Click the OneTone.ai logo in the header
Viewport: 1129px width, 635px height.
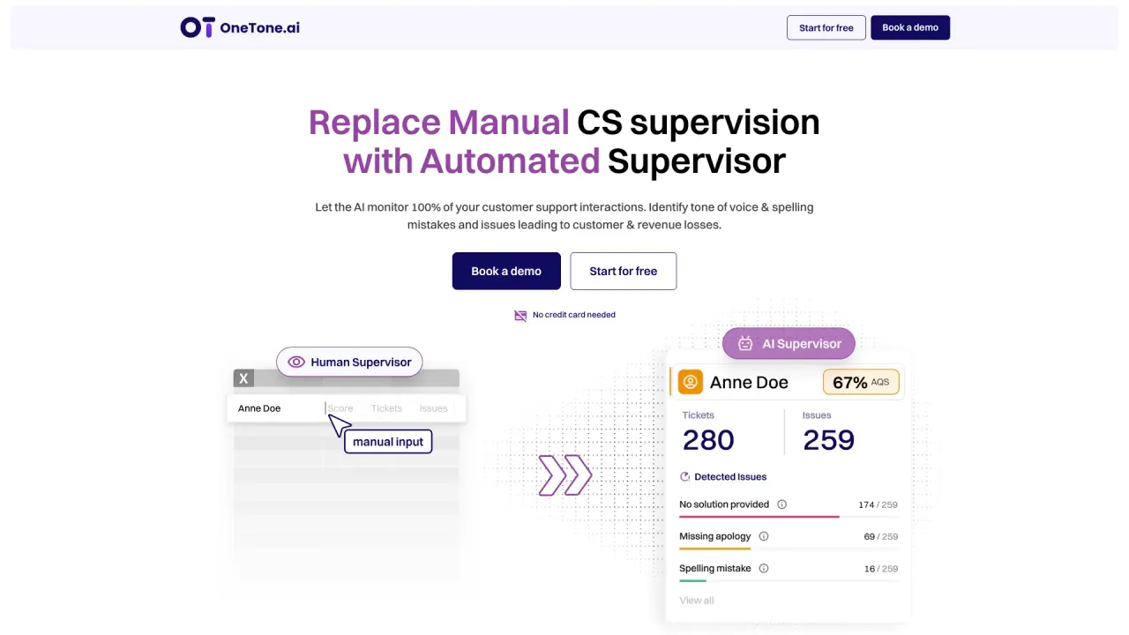pyautogui.click(x=240, y=27)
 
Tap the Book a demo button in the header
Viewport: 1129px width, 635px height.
pyautogui.click(x=910, y=27)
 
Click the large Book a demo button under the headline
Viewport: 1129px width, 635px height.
pyautogui.click(x=506, y=271)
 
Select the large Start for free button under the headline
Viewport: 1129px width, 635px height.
pyautogui.click(x=623, y=271)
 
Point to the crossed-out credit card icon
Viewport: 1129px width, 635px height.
pyautogui.click(x=520, y=316)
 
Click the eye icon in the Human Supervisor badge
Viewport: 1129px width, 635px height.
pyautogui.click(x=296, y=362)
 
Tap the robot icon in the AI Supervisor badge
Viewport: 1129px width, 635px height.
pyautogui.click(x=745, y=344)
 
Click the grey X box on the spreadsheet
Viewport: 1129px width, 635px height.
pyautogui.click(x=243, y=378)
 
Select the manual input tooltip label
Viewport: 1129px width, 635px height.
pyautogui.click(x=387, y=442)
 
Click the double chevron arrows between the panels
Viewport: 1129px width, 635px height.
pyautogui.click(x=564, y=475)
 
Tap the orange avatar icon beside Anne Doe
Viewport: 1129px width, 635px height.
pyautogui.click(x=690, y=382)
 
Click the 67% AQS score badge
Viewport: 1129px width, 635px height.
pyautogui.click(x=861, y=382)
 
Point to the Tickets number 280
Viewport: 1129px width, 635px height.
pyautogui.click(x=708, y=440)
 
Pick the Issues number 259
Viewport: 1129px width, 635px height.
pyautogui.click(x=828, y=440)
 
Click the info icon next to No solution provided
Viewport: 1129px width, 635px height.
pyautogui.click(x=781, y=504)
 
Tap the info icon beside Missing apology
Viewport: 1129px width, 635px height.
pyautogui.click(x=764, y=536)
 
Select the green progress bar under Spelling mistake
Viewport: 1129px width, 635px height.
pyautogui.click(x=692, y=581)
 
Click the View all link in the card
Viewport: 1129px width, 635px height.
pyautogui.click(x=697, y=601)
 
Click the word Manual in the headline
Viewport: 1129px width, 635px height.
pyautogui.click(x=509, y=123)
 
